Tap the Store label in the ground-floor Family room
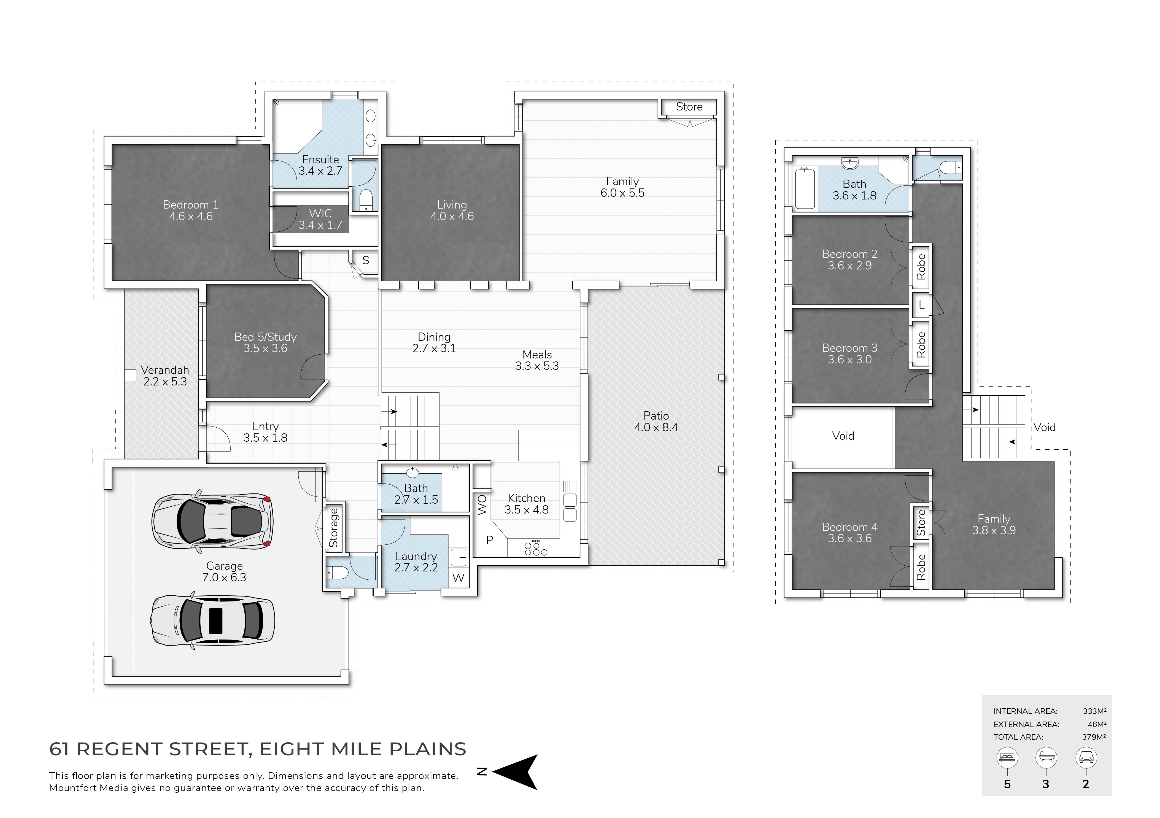click(x=689, y=107)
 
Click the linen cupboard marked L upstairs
click(x=921, y=305)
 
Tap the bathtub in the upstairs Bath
click(x=804, y=188)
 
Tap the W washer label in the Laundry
click(x=458, y=577)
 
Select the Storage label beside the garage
click(x=333, y=528)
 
